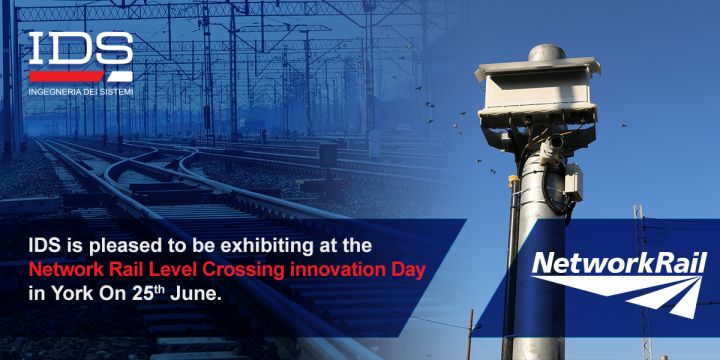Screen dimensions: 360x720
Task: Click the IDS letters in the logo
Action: click(x=80, y=50)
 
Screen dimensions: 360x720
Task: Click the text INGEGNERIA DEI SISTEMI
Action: click(x=81, y=92)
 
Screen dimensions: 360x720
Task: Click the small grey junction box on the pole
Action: click(x=572, y=182)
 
